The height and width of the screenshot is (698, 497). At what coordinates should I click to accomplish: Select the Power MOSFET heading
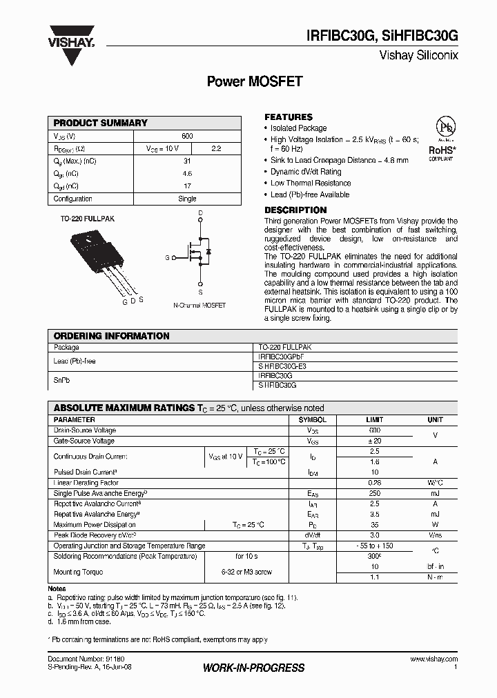[x=255, y=81]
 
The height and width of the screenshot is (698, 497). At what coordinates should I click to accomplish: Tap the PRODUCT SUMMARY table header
[x=101, y=123]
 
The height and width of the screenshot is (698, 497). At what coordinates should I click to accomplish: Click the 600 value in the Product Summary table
[x=187, y=136]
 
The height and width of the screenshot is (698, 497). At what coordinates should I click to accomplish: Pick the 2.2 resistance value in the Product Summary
[x=215, y=148]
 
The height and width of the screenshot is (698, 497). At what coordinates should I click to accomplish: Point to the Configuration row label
[x=73, y=199]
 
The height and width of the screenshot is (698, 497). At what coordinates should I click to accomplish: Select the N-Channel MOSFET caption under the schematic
[x=199, y=305]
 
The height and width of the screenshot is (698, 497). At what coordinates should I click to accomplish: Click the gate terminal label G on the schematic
[x=167, y=257]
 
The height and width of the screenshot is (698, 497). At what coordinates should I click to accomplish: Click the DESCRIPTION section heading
[x=295, y=210]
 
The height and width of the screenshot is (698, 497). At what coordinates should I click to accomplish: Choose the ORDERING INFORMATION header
[x=112, y=336]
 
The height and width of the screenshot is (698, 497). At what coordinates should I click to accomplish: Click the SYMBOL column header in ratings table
[x=312, y=419]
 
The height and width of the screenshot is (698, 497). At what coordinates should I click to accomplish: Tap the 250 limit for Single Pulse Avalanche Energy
[x=375, y=494]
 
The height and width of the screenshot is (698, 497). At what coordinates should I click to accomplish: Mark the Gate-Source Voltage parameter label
[x=84, y=441]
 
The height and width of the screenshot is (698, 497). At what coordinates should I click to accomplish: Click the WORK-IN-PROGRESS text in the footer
[x=253, y=668]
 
